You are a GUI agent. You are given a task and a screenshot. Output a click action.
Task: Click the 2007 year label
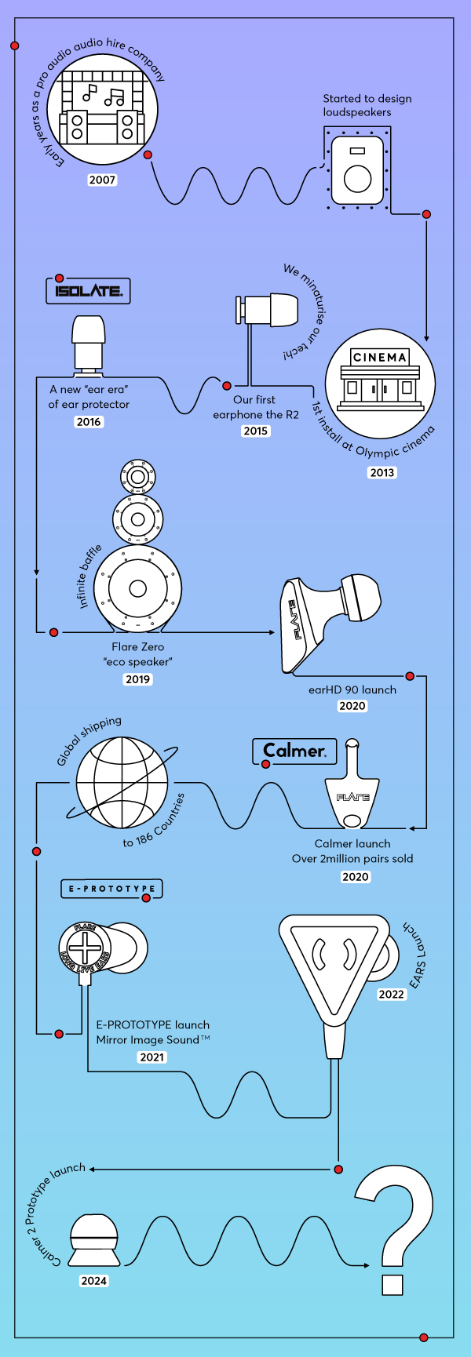(x=102, y=180)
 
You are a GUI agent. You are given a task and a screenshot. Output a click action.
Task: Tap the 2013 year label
(x=382, y=472)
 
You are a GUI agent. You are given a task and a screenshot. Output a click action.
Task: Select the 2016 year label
(x=89, y=422)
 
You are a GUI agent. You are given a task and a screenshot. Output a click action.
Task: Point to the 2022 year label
(x=392, y=995)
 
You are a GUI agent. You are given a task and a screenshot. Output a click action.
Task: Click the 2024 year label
(x=93, y=1281)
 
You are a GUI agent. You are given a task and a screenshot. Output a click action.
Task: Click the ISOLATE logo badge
(x=88, y=290)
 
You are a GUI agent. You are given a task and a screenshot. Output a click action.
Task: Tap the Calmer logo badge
(x=294, y=751)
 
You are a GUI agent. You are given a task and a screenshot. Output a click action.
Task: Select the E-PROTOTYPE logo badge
(x=111, y=889)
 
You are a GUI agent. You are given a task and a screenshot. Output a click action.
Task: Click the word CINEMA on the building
(x=380, y=358)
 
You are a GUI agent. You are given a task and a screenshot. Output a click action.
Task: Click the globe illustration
(x=122, y=782)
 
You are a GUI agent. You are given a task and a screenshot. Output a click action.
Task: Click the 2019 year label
(x=138, y=679)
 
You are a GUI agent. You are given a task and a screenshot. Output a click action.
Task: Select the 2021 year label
(x=152, y=1057)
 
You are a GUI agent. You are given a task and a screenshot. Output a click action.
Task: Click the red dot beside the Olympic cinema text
(x=426, y=214)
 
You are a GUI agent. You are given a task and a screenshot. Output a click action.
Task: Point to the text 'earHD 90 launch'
(x=352, y=689)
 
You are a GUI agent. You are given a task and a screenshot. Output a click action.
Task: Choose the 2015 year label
(x=256, y=431)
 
